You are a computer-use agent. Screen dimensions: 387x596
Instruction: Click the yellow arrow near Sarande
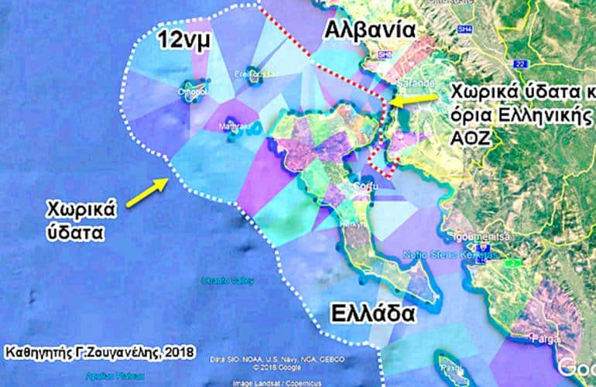pos(411,98)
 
